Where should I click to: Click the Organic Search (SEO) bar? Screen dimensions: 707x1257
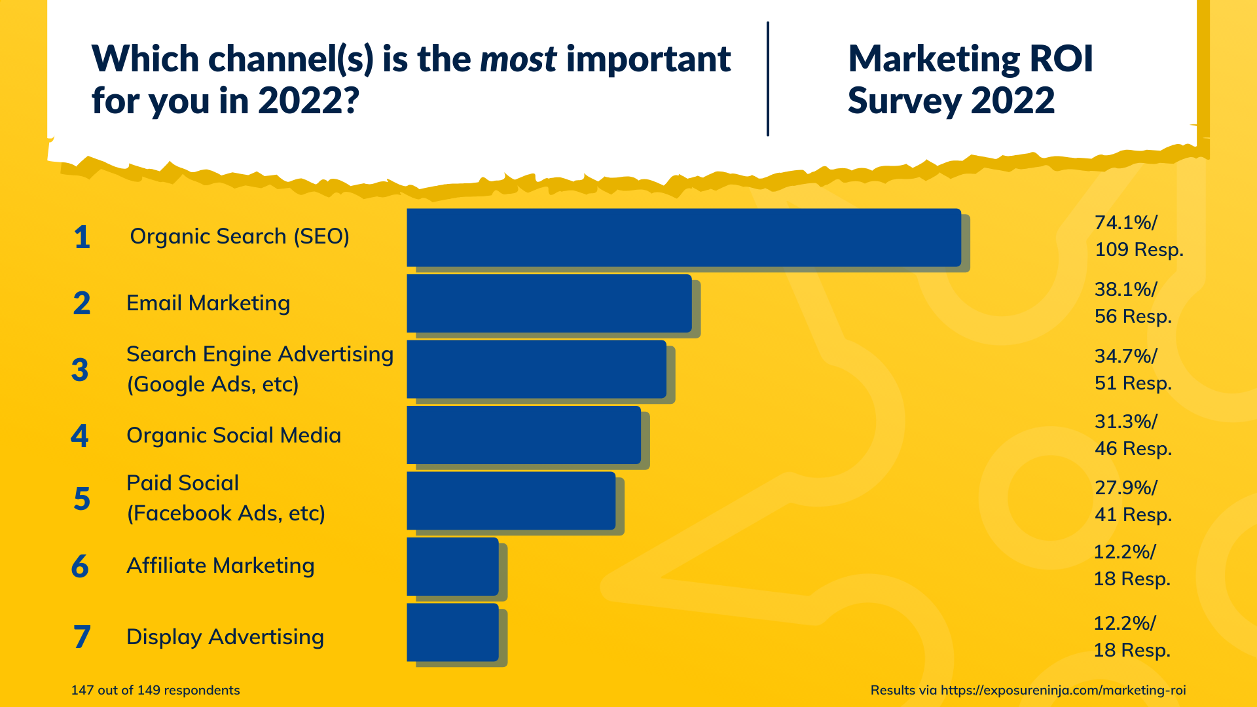(683, 238)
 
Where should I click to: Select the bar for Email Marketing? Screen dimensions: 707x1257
(549, 303)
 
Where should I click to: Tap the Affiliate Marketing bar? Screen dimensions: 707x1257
(452, 566)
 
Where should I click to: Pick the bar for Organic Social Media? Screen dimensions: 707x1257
(523, 435)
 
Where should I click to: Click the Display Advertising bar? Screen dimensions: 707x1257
(452, 632)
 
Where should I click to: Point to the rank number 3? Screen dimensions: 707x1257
(80, 370)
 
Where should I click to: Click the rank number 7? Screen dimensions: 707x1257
(81, 637)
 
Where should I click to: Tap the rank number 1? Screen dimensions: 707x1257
(81, 237)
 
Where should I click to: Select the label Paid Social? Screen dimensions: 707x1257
(183, 483)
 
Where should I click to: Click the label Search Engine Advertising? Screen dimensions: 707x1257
(260, 354)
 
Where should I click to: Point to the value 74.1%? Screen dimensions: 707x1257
(1125, 223)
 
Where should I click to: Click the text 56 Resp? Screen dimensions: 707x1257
(1133, 317)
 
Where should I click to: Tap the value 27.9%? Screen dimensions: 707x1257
(1125, 488)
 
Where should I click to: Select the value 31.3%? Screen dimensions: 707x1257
(1125, 422)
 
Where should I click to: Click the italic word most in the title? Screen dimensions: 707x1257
(518, 60)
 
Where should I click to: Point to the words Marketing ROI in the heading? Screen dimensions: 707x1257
(970, 59)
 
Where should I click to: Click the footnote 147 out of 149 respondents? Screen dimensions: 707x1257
(155, 690)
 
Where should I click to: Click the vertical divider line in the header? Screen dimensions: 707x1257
(767, 79)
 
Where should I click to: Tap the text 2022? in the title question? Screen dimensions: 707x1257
(308, 101)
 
